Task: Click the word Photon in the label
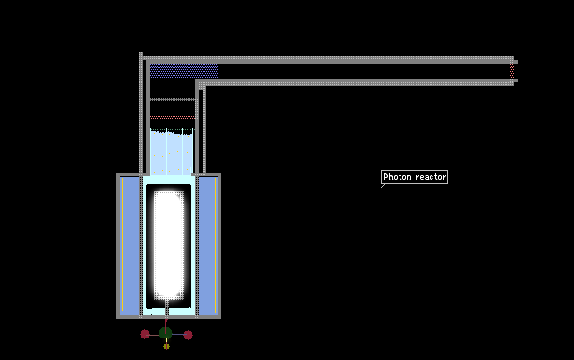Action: coord(397,177)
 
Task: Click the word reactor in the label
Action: coord(430,177)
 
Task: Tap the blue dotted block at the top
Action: coord(184,70)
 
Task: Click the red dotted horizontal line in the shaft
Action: coord(173,117)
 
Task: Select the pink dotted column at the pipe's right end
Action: coord(512,70)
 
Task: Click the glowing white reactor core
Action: coord(169,245)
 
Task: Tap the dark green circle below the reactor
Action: coord(165,333)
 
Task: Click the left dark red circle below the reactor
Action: coord(145,334)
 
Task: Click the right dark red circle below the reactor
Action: coord(189,335)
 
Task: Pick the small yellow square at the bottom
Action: coord(167,346)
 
